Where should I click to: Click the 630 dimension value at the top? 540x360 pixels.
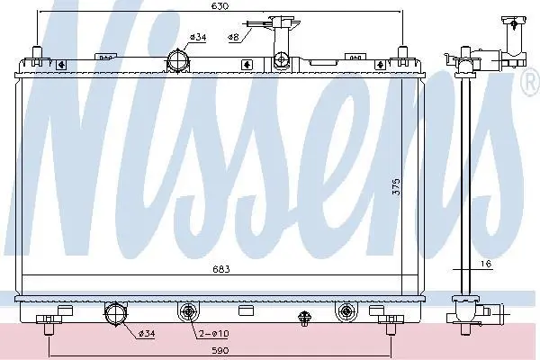point(220,6)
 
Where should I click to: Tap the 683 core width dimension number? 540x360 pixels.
point(220,269)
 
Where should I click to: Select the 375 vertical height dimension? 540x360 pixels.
point(396,186)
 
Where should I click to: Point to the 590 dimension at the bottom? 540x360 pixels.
point(220,351)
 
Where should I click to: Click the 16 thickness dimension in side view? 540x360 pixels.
point(485,264)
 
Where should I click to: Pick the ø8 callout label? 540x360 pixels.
point(233,37)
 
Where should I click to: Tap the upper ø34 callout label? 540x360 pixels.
point(198,37)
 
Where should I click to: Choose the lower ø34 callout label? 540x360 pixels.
point(147,334)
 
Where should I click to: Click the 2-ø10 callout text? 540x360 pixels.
point(214,334)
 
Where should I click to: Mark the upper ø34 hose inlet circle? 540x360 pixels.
point(178,60)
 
